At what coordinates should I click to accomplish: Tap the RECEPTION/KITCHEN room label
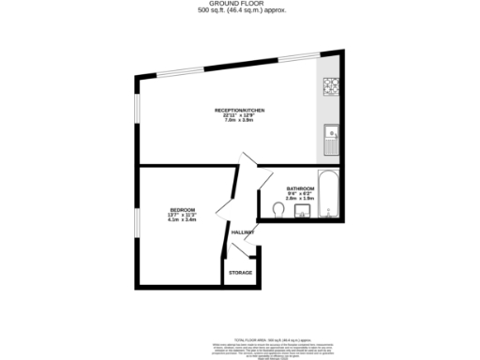[239, 111]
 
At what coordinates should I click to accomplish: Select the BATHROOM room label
[300, 188]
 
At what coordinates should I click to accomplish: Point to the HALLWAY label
[243, 232]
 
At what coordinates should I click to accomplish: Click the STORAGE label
[241, 273]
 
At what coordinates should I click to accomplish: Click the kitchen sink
[330, 142]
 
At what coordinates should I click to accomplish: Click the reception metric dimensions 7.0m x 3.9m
[239, 121]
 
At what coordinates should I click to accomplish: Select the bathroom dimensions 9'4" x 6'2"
[300, 193]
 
